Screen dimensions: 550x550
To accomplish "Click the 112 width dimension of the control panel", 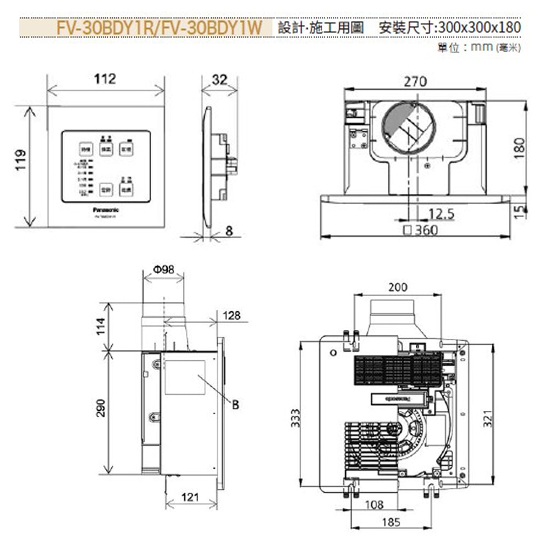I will (105, 79).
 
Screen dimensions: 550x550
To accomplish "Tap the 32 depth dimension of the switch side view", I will (219, 80).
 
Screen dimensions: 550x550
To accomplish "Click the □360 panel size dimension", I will (421, 230).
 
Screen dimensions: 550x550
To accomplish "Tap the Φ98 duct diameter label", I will (163, 270).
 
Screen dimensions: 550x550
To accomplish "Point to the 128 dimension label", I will (232, 315).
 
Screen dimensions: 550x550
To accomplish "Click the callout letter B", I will (235, 404).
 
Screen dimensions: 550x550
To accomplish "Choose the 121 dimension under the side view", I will (190, 497).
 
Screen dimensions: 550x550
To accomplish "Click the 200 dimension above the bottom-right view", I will (398, 287).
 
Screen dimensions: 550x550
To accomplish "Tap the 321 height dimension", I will (487, 421).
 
